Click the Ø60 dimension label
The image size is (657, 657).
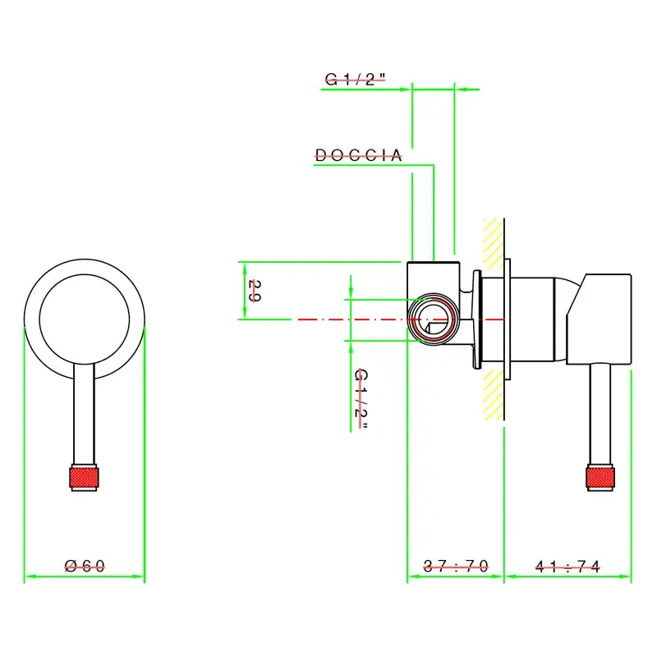pyautogui.click(x=85, y=566)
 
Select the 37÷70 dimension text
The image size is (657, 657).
pyautogui.click(x=456, y=566)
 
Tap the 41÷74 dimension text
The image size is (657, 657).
pyautogui.click(x=567, y=566)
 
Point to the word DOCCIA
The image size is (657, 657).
pyautogui.click(x=359, y=154)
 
